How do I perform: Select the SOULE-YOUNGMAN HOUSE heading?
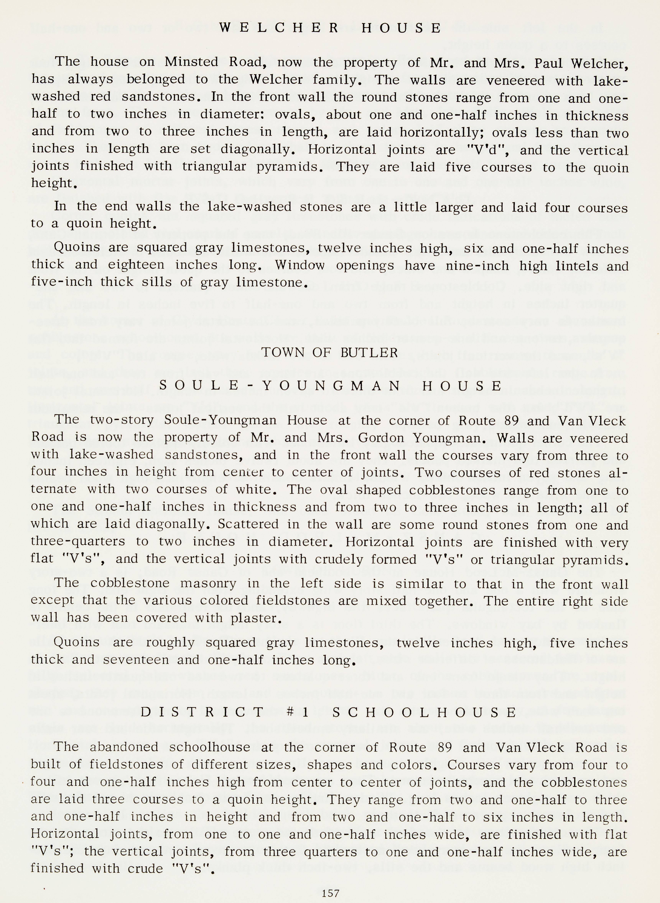pyautogui.click(x=330, y=386)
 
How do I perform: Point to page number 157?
pyautogui.click(x=330, y=893)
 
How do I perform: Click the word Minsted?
pyautogui.click(x=191, y=62)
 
